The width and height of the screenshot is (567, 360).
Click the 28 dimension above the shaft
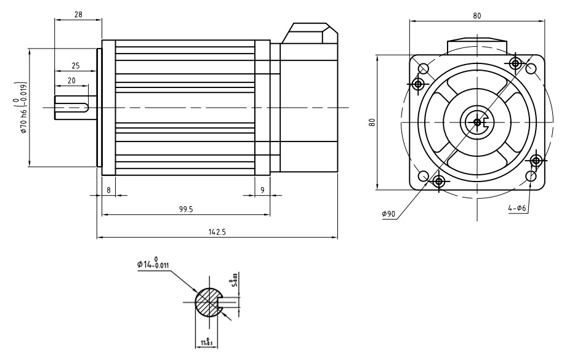[78, 14]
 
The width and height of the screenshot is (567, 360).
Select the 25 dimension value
[74, 65]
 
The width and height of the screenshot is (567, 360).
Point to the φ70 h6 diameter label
[23, 118]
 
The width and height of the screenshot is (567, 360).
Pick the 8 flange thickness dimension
[109, 190]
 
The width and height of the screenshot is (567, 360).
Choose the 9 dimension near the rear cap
[262, 190]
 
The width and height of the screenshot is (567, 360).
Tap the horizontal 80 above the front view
[478, 15]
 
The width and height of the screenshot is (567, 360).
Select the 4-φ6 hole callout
[517, 209]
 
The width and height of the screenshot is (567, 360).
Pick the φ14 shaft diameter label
[153, 265]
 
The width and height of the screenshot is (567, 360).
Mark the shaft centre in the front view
[478, 122]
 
